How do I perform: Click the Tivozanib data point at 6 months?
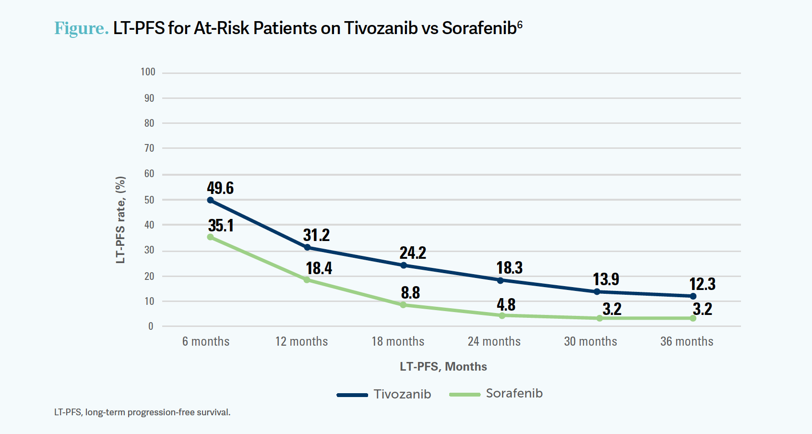210,200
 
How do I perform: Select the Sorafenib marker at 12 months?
307,280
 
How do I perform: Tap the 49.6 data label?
220,188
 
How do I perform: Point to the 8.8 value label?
410,292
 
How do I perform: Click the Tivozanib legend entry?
384,394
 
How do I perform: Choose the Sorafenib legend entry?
496,394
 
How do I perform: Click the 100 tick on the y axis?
148,72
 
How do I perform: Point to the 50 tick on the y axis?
149,200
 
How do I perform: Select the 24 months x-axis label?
494,341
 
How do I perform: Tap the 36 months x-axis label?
687,341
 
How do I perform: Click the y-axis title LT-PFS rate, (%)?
120,220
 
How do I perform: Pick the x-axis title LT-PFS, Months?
443,367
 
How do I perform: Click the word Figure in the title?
81,28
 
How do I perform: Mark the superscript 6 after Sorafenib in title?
520,24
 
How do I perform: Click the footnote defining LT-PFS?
142,412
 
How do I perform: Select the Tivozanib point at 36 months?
693,296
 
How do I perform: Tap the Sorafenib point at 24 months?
502,316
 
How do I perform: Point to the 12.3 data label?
702,284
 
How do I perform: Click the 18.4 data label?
319,268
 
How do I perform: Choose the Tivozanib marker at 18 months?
404,265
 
